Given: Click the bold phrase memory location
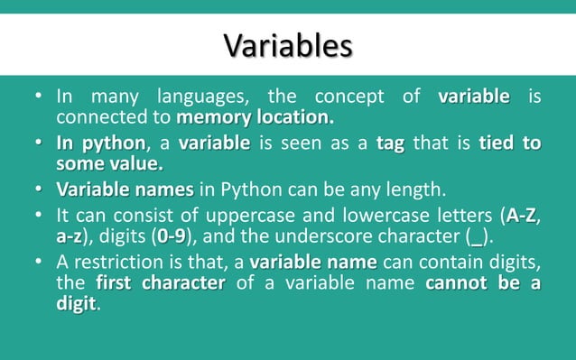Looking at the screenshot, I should click(255, 118).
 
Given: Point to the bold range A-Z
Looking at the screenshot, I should click(526, 216).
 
